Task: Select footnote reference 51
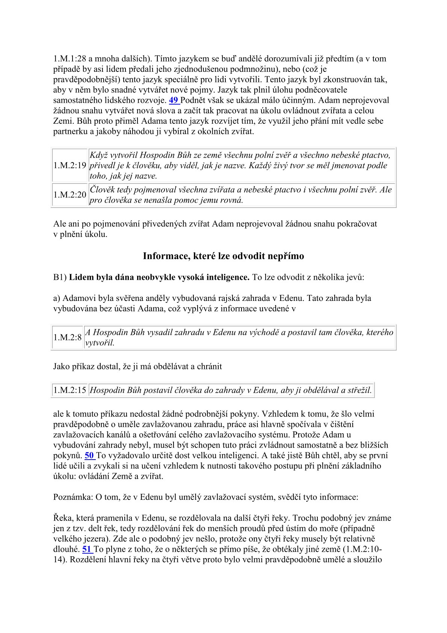(x=87, y=549)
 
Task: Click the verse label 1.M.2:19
(x=70, y=165)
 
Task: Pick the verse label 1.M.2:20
(x=70, y=195)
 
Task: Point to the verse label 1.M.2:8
(x=68, y=337)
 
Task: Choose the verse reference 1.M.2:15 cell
(x=70, y=390)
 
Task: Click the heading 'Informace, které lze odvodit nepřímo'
(x=223, y=256)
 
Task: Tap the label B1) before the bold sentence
(x=60, y=278)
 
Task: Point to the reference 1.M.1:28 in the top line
(x=69, y=59)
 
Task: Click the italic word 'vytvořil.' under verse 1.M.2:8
(x=100, y=343)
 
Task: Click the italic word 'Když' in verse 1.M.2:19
(x=98, y=155)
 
